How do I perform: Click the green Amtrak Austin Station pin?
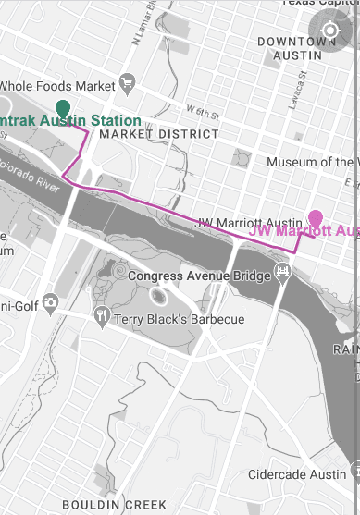(63, 107)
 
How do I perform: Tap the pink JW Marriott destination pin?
(316, 219)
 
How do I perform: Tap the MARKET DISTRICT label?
(159, 134)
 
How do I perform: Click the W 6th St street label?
(203, 115)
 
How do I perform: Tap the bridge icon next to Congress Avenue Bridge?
(283, 273)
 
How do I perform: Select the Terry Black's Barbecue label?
(179, 320)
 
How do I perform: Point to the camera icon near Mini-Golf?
(50, 302)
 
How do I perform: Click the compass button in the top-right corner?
(330, 29)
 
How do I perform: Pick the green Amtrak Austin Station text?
(70, 121)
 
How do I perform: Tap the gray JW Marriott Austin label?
(248, 223)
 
